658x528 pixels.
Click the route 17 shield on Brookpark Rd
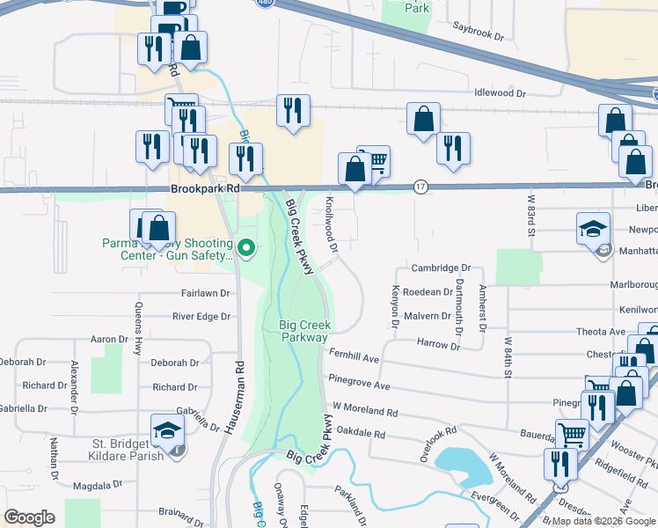[421, 187]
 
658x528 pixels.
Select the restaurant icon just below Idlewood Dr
[292, 110]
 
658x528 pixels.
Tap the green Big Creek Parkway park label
[303, 331]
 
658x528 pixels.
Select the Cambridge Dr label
[442, 268]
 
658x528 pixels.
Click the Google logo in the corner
[30, 517]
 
